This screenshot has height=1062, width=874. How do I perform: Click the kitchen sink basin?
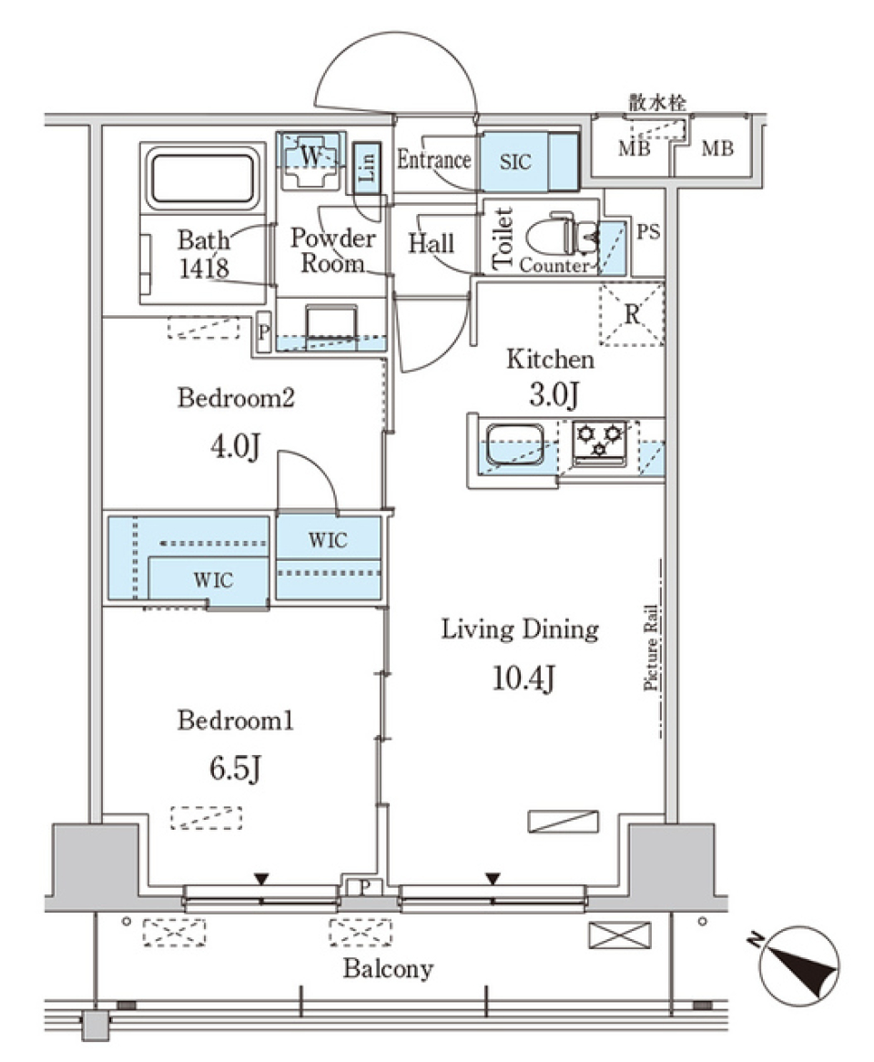point(515,444)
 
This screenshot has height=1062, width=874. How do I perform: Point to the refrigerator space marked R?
point(632,315)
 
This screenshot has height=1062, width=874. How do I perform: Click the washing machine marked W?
point(310,159)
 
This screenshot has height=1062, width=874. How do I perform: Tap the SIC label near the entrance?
point(515,162)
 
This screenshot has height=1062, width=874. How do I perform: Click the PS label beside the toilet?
point(648,232)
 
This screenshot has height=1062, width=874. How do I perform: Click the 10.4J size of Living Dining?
point(524,679)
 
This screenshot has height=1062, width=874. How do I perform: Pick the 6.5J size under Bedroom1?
point(234,769)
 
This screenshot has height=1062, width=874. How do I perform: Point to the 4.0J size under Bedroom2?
point(234,447)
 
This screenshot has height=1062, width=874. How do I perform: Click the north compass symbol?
point(798,965)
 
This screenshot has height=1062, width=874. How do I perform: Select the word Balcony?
point(388,968)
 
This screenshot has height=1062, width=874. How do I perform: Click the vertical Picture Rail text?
point(651,648)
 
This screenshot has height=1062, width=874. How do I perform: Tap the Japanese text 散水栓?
point(657,103)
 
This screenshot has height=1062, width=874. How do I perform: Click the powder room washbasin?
point(331,323)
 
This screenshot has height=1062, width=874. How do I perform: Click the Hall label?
point(431,244)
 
